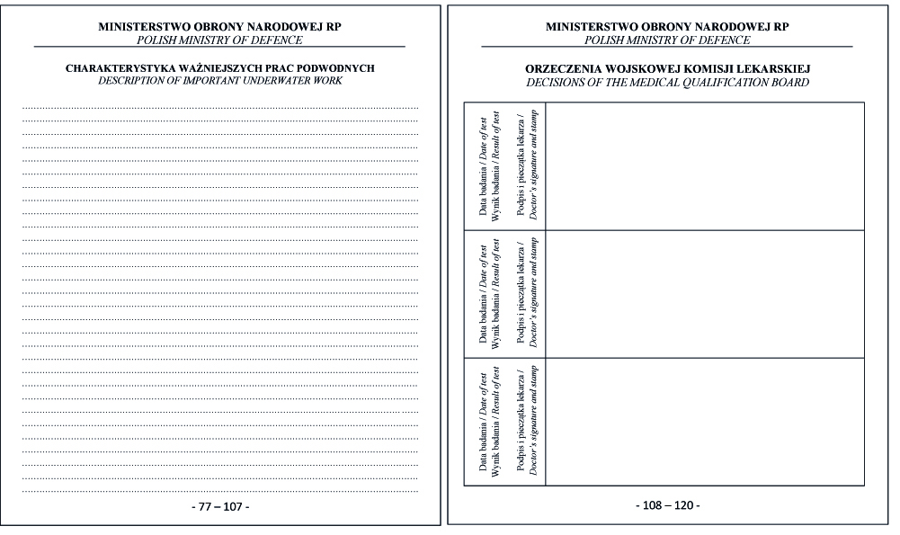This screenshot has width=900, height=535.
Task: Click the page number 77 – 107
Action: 220,506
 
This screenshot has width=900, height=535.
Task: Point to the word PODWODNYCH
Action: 337,68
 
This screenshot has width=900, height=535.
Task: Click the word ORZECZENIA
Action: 560,68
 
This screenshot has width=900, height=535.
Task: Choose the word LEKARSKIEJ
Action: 778,68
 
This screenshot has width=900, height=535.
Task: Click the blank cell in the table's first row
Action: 704,166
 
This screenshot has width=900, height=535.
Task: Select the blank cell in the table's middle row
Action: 704,294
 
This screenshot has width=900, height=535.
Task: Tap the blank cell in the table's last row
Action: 704,422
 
